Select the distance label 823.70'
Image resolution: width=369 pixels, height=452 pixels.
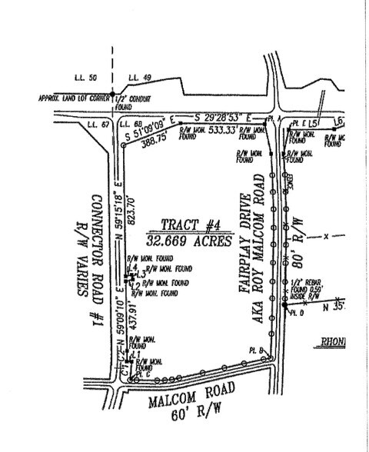pos(131,191)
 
